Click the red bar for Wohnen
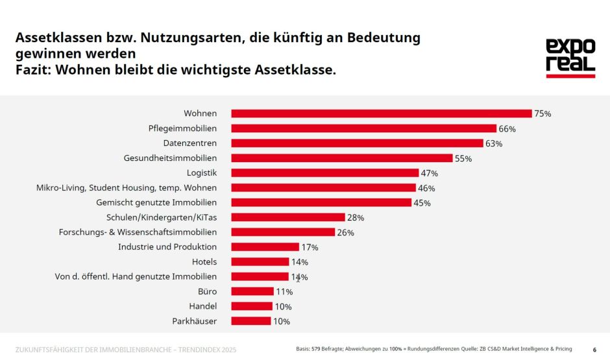(x=381, y=114)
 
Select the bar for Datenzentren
(x=357, y=143)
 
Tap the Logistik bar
(x=324, y=173)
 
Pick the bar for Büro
(x=252, y=292)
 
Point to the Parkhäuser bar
(x=250, y=321)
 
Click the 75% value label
(x=543, y=114)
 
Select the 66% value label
(x=507, y=128)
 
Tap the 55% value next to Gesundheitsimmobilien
(x=463, y=158)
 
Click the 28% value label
(x=356, y=218)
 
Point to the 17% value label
(x=310, y=247)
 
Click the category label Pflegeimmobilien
(x=182, y=128)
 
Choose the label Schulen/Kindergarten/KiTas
(x=161, y=217)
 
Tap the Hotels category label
(x=204, y=262)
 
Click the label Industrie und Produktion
(x=167, y=247)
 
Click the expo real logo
(x=570, y=58)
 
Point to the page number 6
(x=594, y=350)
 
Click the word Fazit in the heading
(x=32, y=70)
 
